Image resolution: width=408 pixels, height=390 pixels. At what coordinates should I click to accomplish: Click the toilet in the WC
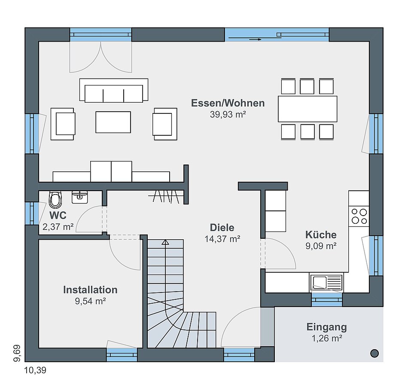coord(55,200)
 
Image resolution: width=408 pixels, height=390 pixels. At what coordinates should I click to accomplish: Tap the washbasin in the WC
coord(79,197)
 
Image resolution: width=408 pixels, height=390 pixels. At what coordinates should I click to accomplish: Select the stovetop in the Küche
coord(359,216)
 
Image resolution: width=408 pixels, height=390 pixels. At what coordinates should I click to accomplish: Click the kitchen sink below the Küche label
coord(326,282)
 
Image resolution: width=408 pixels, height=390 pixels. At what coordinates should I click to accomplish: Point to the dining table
coord(308,109)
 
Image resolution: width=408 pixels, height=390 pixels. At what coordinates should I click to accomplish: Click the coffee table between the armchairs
coord(113,122)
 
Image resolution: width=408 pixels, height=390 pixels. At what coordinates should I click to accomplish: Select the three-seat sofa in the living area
coord(114,90)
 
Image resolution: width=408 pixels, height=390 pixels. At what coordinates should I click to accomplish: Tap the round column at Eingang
coord(375,353)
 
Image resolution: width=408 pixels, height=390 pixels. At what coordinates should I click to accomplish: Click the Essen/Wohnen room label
coord(228,103)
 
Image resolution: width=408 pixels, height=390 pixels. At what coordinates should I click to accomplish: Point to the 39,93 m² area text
coord(228,115)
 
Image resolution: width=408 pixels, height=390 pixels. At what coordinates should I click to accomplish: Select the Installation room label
coord(90,289)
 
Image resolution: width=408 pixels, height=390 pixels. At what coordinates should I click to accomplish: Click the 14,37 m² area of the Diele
coord(222,239)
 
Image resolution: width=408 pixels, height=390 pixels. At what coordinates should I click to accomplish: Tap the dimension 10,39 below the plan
coord(35,370)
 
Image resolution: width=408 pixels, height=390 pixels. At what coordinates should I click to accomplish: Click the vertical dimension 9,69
coord(17,353)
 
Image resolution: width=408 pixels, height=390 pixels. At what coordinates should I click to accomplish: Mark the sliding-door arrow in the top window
coord(255,40)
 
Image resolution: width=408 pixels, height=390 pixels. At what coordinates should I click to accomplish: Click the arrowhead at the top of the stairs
coord(165,243)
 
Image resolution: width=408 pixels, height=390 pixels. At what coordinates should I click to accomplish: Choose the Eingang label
coord(326,327)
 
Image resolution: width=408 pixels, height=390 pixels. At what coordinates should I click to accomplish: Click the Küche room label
coord(321,235)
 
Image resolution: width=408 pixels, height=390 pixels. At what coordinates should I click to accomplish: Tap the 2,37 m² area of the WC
coord(58,227)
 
